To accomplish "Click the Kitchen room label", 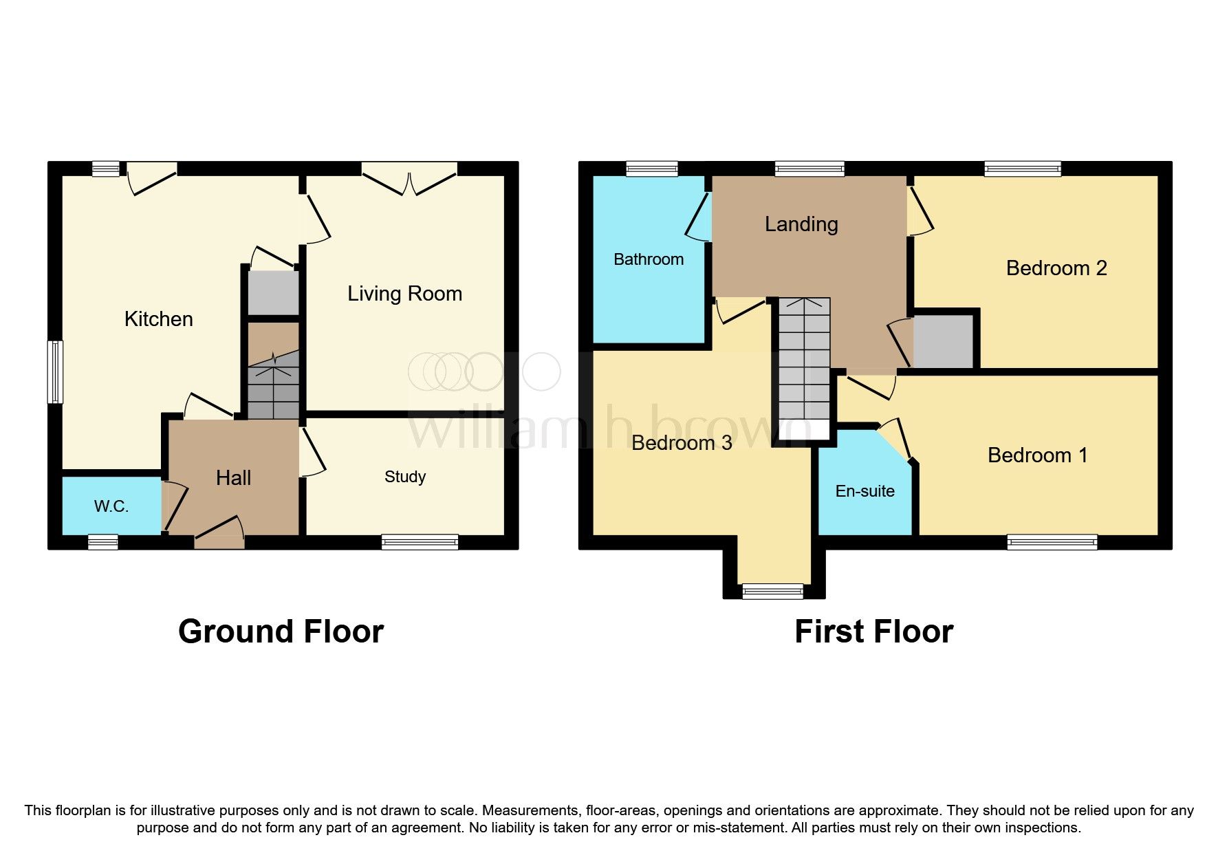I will coord(158,319).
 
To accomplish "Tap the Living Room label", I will coord(404,294).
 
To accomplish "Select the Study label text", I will coord(405,477).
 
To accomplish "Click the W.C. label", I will coord(111,507).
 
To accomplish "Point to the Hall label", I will coord(234,478).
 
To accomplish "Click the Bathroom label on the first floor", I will coord(649,259).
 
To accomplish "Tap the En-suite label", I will coord(864,491).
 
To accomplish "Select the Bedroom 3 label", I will coord(682,443).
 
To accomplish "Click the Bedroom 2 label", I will coord(1056,268).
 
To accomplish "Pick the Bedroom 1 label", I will coord(1037,455).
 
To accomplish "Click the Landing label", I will coord(801,224).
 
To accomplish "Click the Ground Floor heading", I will coord(281,631).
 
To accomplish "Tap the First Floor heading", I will coord(873,631).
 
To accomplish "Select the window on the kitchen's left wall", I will coord(55,371).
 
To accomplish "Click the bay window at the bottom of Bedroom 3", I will coord(772,591).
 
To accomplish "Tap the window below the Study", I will coord(420,542).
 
